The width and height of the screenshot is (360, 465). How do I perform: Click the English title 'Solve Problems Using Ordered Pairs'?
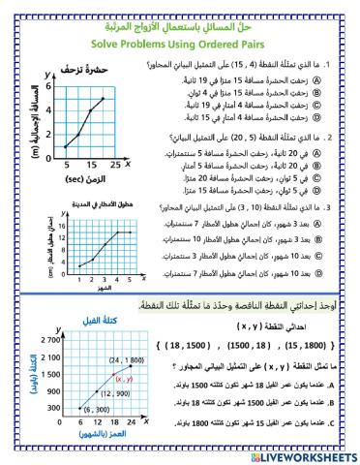[179, 42]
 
